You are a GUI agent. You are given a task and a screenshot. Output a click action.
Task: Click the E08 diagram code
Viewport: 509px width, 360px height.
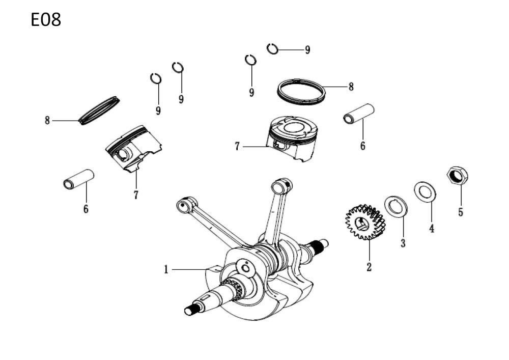46,20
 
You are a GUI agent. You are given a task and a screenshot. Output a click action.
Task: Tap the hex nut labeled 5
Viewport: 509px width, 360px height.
457,176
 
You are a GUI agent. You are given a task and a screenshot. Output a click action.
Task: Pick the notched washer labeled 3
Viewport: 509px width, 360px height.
395,206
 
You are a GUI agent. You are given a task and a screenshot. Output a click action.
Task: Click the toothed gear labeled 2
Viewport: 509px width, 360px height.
365,222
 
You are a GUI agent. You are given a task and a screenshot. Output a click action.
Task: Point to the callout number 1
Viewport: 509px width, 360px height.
165,270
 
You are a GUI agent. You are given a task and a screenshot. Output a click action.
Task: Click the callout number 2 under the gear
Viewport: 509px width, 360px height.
369,266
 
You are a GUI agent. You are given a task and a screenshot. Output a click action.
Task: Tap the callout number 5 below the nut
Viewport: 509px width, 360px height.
460,212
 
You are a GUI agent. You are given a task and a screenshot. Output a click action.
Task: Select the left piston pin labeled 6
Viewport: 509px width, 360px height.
79,179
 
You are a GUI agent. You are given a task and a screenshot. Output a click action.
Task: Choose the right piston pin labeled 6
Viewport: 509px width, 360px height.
359,114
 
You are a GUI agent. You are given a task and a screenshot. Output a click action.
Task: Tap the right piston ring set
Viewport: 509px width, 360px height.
301,91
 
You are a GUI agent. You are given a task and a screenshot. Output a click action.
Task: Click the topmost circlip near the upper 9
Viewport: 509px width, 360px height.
273,48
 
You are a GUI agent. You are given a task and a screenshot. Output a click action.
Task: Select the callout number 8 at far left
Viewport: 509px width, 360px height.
47,121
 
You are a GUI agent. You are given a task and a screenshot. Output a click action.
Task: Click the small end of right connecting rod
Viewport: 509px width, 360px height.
282,184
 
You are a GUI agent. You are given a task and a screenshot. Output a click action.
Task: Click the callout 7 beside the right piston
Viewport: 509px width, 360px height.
237,147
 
